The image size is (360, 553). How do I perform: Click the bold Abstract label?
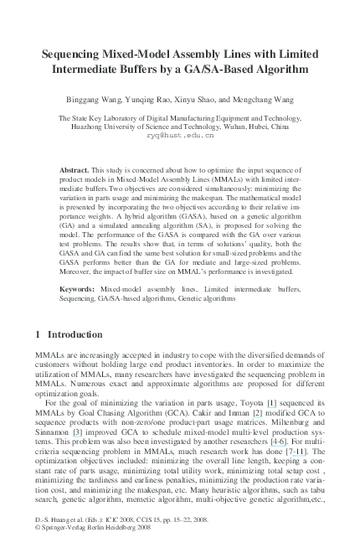(x=75, y=170)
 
